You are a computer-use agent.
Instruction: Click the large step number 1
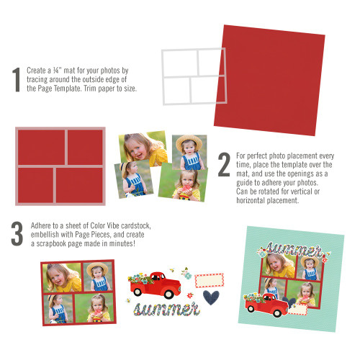point(16,81)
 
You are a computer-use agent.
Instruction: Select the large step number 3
point(17,235)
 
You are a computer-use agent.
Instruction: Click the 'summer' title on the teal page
point(293,250)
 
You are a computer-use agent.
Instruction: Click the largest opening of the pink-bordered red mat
point(41,146)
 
